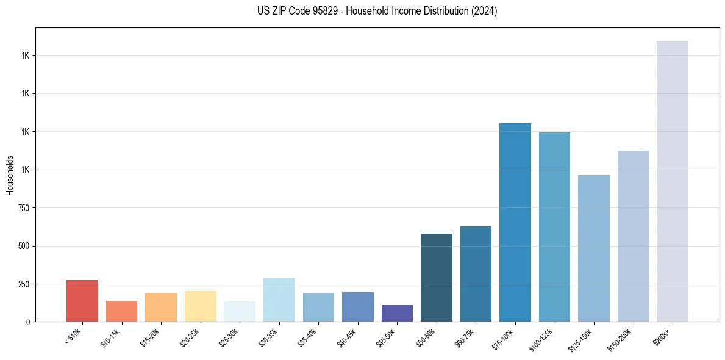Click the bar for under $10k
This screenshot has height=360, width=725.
(82, 301)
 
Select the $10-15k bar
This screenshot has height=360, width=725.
(121, 311)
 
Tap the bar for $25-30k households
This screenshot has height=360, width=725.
(240, 312)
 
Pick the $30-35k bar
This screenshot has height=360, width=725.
(279, 300)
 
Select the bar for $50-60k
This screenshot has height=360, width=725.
(437, 278)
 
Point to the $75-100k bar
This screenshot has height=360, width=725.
(515, 223)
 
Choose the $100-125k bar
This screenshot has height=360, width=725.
(554, 227)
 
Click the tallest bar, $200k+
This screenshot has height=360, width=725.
(673, 182)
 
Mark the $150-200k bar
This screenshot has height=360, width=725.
(633, 236)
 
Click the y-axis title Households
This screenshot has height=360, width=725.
(10, 175)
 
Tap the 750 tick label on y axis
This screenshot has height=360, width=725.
(24, 208)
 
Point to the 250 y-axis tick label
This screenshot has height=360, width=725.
(24, 284)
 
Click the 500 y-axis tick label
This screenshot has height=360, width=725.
(24, 246)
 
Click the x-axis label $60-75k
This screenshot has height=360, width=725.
(465, 336)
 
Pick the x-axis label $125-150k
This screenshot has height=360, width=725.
(581, 338)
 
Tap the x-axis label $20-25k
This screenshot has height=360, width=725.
(190, 336)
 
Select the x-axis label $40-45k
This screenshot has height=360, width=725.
(347, 336)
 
